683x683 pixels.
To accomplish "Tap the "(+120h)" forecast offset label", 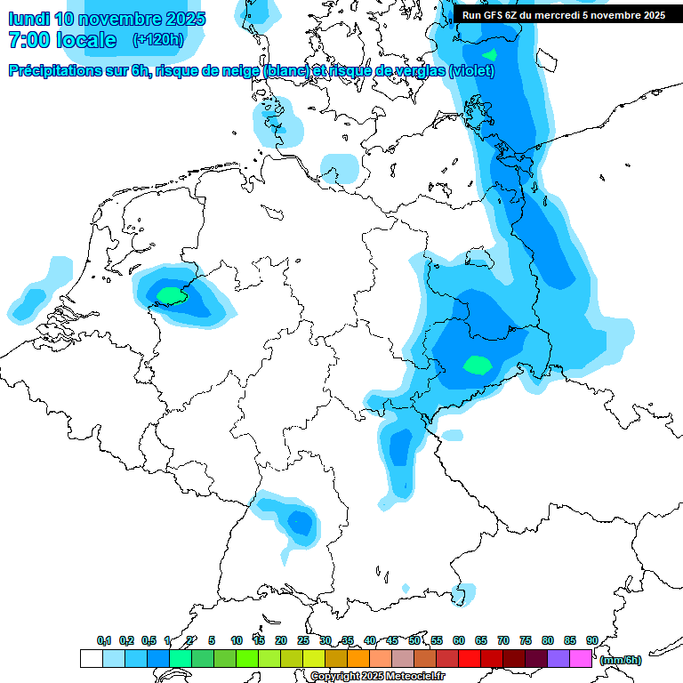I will (x=157, y=40).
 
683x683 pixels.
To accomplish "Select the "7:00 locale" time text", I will (x=61, y=40).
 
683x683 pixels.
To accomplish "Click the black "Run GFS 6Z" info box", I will (x=563, y=15).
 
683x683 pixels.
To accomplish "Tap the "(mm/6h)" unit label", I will (x=620, y=660).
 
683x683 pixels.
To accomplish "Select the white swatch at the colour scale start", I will (x=91, y=659).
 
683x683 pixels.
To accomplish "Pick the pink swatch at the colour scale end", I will (x=582, y=659).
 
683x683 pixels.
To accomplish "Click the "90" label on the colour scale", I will (x=591, y=640).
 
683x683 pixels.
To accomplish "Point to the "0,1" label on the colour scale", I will (x=104, y=640).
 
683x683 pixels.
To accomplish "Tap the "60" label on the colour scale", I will (x=459, y=640).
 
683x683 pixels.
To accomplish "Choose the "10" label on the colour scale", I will (x=237, y=640).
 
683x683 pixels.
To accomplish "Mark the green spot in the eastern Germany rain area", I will (x=478, y=364).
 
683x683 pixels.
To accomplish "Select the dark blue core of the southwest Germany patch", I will (x=301, y=522).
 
